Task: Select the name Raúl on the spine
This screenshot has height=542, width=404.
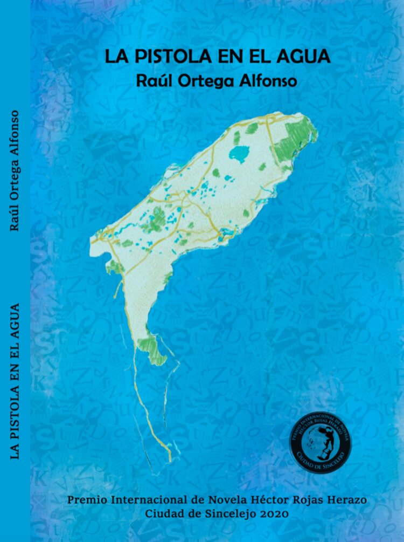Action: coord(15,217)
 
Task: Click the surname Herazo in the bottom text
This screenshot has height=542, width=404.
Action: coord(346,500)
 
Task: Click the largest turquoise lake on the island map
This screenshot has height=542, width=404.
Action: coord(240,154)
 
